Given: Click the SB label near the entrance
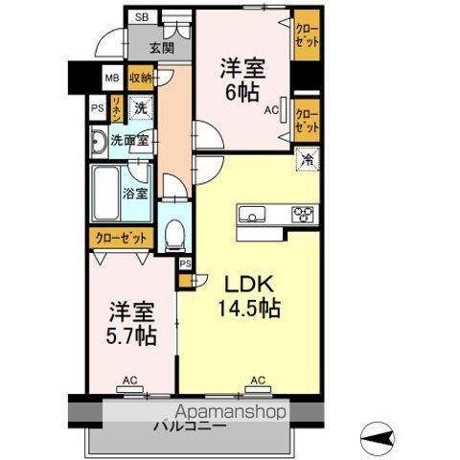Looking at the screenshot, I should [142, 17].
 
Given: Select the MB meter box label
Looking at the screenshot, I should [111, 80].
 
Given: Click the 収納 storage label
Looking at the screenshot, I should [140, 80].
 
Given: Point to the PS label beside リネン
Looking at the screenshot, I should [97, 109].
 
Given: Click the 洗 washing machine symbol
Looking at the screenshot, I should [140, 109].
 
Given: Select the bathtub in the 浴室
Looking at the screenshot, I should [104, 195].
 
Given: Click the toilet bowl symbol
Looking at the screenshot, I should [172, 232].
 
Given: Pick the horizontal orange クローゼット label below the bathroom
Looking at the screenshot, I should [121, 237].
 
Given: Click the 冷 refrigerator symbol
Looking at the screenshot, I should [307, 162].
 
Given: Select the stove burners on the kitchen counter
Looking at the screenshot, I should [303, 214].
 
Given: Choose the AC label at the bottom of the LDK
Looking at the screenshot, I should [257, 380].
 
